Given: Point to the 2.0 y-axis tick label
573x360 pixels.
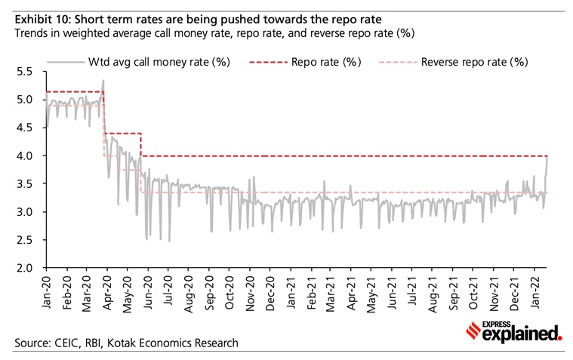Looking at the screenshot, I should [26, 268].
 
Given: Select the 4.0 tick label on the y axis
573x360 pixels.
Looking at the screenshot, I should [26, 155].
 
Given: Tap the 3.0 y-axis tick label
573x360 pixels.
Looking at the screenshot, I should [26, 212].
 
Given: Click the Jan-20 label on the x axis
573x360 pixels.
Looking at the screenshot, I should [47, 291].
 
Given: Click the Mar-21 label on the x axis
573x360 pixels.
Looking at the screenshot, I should [332, 291].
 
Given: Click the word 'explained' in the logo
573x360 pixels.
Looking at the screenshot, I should [525, 333].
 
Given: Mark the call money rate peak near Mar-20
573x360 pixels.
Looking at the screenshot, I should [103, 81].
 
